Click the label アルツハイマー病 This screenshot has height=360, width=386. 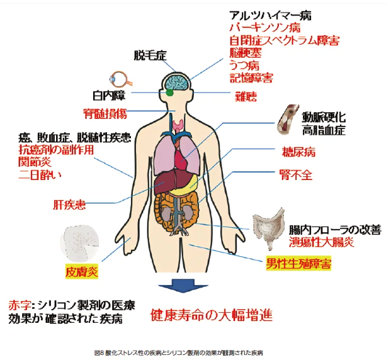click(x=271, y=14)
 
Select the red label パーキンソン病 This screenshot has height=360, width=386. click(x=264, y=28)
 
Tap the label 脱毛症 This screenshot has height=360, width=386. click(x=150, y=55)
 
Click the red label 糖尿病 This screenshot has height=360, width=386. click(x=298, y=152)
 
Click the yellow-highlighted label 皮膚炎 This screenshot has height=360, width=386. click(x=82, y=271)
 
